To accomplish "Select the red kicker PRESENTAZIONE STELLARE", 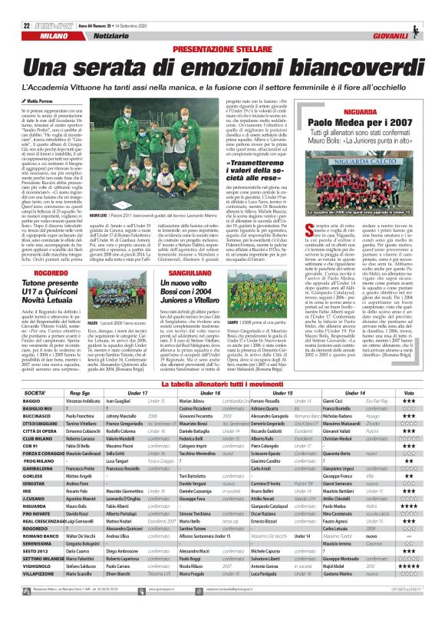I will click(x=222, y=49).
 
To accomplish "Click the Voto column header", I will click(x=408, y=371).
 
